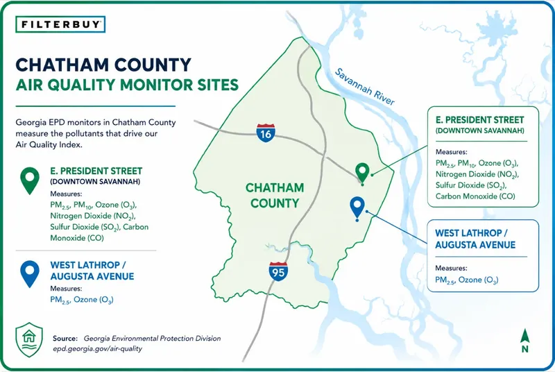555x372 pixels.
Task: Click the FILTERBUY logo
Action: (x=60, y=24)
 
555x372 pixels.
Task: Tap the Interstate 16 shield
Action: (x=266, y=133)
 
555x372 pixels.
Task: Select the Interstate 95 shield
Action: (x=278, y=272)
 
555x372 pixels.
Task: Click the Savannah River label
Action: (x=365, y=86)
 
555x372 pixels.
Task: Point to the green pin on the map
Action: (x=362, y=174)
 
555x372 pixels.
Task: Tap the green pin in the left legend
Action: (x=30, y=180)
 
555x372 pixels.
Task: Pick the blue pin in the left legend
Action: (x=30, y=274)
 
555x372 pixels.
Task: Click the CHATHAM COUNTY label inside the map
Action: (x=275, y=196)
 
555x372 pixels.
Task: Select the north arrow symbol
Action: (x=524, y=341)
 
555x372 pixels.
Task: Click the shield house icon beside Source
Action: (x=29, y=340)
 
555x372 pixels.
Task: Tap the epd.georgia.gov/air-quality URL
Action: (x=98, y=348)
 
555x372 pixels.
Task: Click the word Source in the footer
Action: (x=65, y=339)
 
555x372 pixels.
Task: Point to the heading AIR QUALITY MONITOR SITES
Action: (x=127, y=85)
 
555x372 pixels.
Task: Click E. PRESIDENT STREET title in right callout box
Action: (x=479, y=119)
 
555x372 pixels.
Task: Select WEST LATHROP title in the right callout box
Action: (x=471, y=233)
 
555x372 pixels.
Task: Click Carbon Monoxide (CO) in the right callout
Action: (x=475, y=196)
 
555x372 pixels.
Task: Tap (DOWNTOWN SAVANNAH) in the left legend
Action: (x=95, y=182)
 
